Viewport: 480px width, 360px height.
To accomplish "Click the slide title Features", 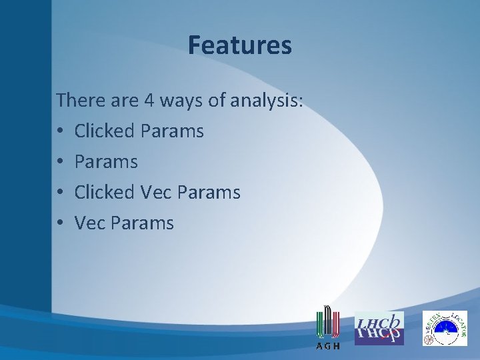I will coord(239,45).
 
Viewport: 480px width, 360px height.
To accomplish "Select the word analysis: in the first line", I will coord(267,101).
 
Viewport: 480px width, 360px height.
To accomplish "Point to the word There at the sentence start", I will coord(78,101).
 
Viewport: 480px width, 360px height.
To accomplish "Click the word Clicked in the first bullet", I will coord(104,131).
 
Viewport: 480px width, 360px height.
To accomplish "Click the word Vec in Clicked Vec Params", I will coord(155,193).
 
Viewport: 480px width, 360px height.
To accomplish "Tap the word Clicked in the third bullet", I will coord(104,193).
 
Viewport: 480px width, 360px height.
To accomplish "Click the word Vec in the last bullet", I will coord(89,223).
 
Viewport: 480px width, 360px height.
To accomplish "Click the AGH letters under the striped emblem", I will coord(327,346).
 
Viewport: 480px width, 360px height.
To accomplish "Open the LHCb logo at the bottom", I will coord(379,328).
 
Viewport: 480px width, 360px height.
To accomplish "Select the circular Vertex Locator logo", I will coord(445,328).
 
